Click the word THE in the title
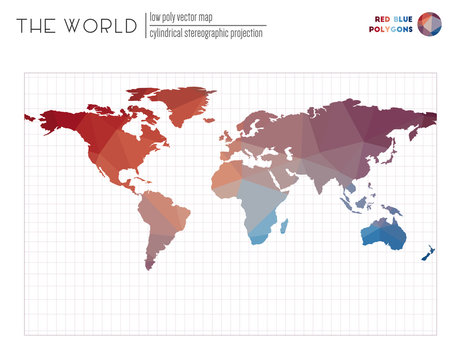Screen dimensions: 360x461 (x=35, y=26)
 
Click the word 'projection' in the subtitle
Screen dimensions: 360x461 (x=245, y=33)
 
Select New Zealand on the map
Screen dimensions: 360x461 (x=428, y=249)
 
